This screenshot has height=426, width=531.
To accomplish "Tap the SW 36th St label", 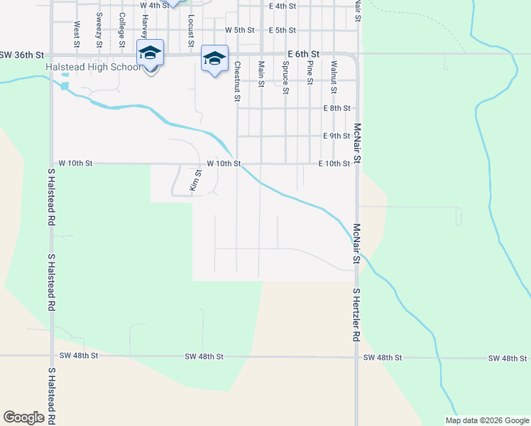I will [x=22, y=55].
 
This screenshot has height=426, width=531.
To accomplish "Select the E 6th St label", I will [x=304, y=54].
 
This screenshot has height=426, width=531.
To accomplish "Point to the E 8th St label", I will [x=336, y=109].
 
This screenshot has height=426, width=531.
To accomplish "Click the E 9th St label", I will [x=336, y=136].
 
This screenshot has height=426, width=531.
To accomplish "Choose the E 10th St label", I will [x=334, y=163].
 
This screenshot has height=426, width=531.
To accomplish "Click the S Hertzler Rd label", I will [x=357, y=316].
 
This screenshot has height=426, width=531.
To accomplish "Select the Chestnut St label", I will [x=237, y=80].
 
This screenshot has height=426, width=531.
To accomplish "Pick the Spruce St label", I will [x=285, y=77].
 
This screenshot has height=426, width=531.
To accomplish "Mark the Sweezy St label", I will [x=99, y=26].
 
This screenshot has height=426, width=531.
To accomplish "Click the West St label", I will [x=76, y=30].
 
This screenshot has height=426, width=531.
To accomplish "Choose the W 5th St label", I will [x=239, y=31].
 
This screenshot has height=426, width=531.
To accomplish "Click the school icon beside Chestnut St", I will [x=214, y=58].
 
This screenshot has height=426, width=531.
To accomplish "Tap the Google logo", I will [x=23, y=417].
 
